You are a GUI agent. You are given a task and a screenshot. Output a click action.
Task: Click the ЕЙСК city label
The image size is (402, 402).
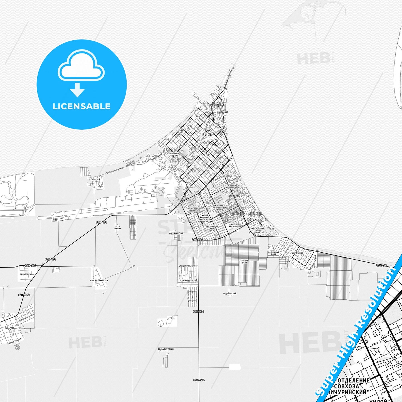pyautogui.click(x=207, y=135)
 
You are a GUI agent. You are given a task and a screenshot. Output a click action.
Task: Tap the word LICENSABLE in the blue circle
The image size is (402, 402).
pyautogui.click(x=82, y=106)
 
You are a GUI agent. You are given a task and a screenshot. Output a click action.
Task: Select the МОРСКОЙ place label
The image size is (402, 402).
pyautogui.click(x=96, y=179)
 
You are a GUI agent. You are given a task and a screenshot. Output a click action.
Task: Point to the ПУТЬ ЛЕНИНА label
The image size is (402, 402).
pyautogui.click(x=118, y=227)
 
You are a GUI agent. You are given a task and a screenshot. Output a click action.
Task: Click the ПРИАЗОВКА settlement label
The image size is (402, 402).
pyautogui.click(x=25, y=274)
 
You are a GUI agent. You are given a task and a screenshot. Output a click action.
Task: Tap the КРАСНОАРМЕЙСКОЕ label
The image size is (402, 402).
pyautogui.click(x=99, y=280)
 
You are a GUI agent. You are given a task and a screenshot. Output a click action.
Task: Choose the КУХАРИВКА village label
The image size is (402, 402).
pyautogui.click(x=10, y=328)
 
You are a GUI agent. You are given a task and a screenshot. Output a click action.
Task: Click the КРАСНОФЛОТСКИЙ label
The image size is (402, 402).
pyautogui.click(x=189, y=280)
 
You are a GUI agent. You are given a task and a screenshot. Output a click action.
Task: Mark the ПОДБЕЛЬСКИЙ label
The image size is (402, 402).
pyautogui.click(x=230, y=294)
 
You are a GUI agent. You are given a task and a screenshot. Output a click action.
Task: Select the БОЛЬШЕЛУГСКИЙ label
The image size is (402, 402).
pyautogui.click(x=166, y=349)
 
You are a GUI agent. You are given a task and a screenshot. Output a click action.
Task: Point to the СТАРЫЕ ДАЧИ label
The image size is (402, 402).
pyautogui.click(x=244, y=262)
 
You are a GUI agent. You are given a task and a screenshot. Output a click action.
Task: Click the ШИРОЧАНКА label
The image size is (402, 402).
pyautogui.click(x=297, y=253)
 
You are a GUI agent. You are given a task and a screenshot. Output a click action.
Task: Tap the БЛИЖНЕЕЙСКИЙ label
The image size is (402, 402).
pyautogui.click(x=176, y=234)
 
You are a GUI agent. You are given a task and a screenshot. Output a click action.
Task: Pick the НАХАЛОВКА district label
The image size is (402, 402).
pyautogui.click(x=223, y=112)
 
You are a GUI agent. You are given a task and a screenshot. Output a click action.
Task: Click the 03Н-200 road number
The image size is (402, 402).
pyautogui.click(x=30, y=266)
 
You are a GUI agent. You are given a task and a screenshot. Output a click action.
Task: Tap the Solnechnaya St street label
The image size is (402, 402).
pyautogui.click(x=26, y=318)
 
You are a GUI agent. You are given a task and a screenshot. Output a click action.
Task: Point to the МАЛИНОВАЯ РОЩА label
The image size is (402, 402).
pyautogui.click(x=273, y=253)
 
